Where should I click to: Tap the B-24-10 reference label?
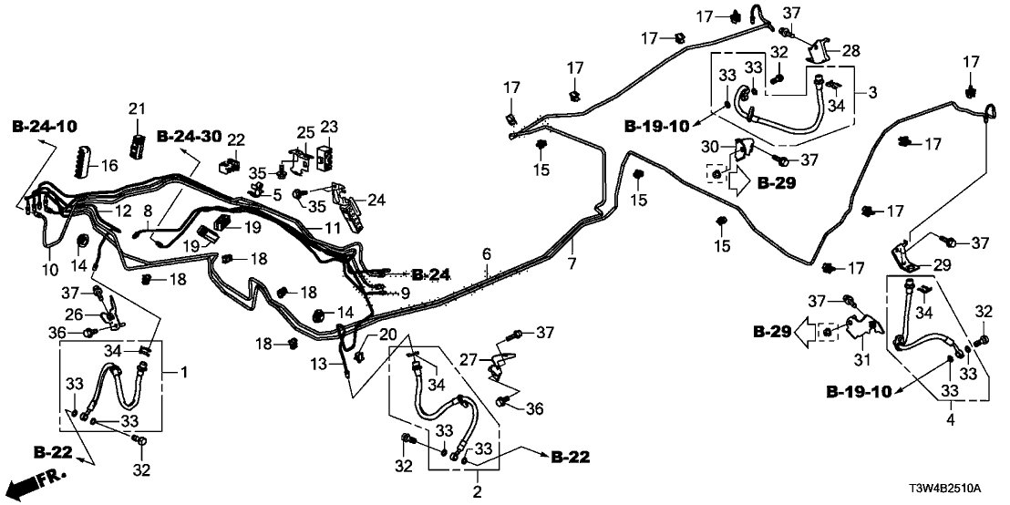point(45,124)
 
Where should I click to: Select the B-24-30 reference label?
point(189,137)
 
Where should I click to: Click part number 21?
point(137,110)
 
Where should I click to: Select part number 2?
point(476,492)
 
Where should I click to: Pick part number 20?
point(389,334)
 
